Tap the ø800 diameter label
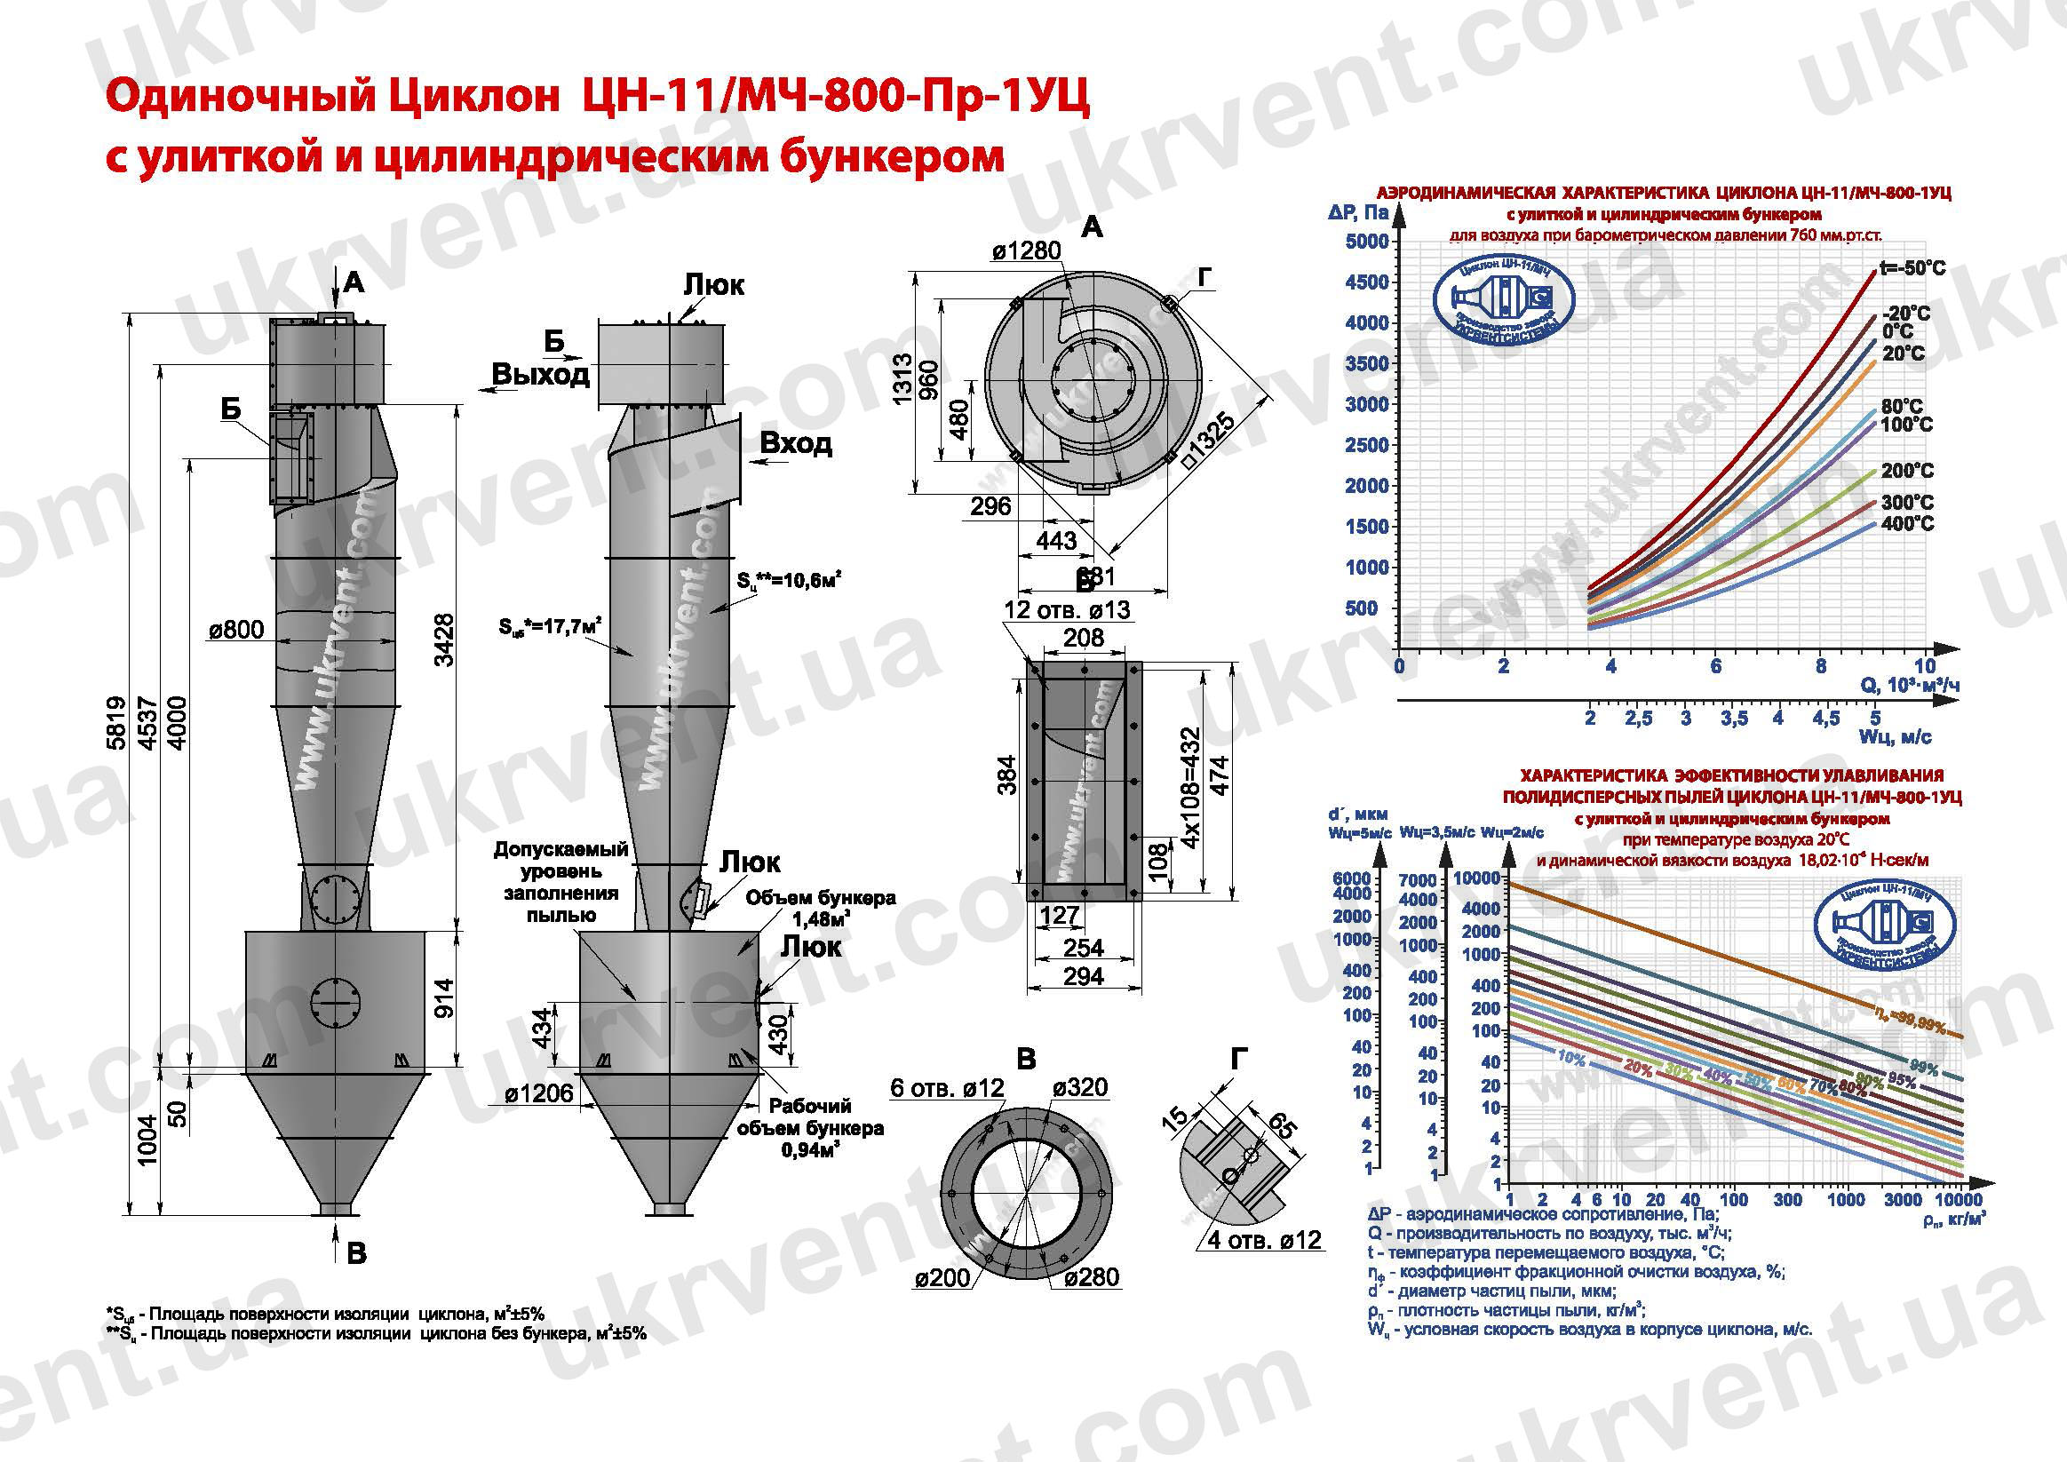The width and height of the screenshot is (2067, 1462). point(236,629)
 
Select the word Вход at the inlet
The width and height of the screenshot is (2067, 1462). point(795,443)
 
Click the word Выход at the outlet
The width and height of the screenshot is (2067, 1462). point(540,374)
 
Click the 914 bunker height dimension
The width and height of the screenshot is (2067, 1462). point(444,997)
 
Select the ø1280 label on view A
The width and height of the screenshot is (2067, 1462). point(1026,250)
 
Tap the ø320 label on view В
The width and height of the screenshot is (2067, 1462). point(1080,1087)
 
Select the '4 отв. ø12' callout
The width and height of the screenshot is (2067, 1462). point(1263,1240)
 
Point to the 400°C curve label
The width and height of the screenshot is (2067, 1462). point(1906,523)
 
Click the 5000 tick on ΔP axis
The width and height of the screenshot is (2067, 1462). point(1366,242)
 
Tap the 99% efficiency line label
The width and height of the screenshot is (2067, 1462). point(1923,1069)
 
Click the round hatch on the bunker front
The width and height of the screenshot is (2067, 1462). point(335,1002)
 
